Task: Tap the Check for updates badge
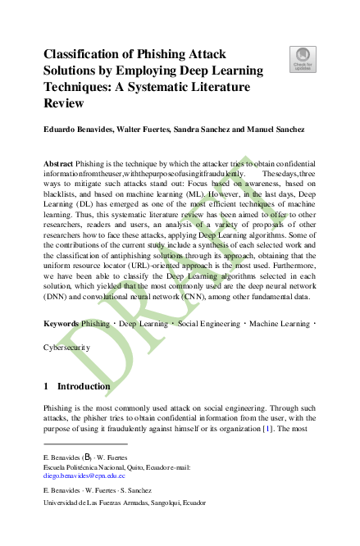click(x=303, y=59)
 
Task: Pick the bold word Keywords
click(x=61, y=347)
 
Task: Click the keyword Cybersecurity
click(x=67, y=370)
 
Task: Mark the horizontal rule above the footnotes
click(x=81, y=444)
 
